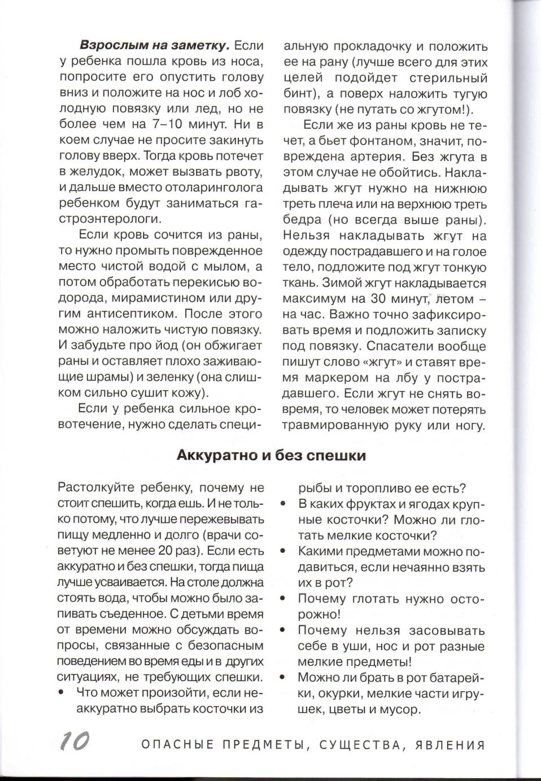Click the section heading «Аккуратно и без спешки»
coord(271,455)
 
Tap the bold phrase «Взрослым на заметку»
coord(154,46)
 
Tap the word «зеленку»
coord(173,377)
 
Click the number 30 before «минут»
coord(381,299)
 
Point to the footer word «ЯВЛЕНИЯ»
coord(450,745)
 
